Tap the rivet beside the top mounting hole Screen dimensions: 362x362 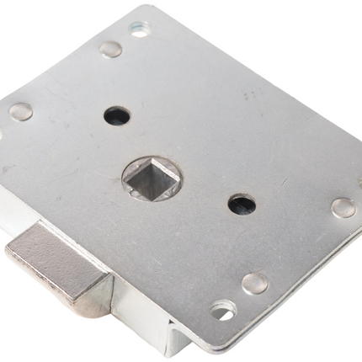click(110, 49)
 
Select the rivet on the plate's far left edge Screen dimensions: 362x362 click(20, 111)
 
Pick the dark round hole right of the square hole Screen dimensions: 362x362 click(242, 204)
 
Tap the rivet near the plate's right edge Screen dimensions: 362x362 click(343, 207)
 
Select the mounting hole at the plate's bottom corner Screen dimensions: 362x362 click(221, 311)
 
